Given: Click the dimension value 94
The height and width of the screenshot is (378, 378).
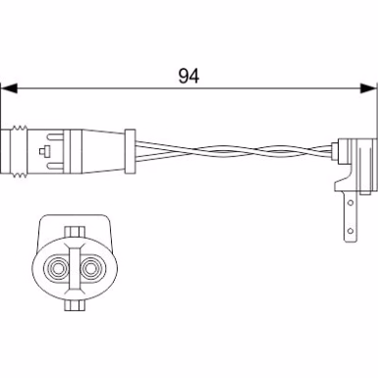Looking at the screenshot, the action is (189, 76).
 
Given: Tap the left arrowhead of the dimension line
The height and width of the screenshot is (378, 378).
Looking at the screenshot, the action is (9, 88).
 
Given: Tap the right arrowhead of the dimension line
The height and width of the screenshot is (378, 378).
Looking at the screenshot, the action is (368, 88).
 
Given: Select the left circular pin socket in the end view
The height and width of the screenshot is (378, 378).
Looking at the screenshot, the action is (58, 269).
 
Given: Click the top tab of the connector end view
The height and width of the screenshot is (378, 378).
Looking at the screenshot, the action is (75, 232).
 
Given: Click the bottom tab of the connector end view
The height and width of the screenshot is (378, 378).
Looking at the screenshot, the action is (75, 305).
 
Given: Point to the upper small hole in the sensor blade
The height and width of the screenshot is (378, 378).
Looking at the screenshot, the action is (351, 202).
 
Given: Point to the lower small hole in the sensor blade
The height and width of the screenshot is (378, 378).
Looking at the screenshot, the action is (351, 231).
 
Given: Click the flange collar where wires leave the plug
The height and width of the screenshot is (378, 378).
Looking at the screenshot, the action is (131, 151).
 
